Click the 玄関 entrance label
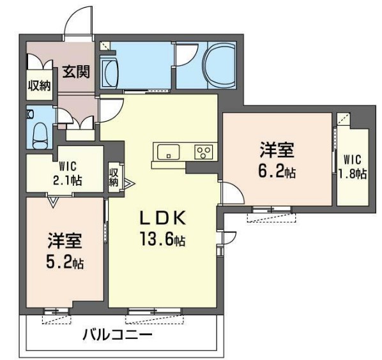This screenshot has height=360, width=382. (x=76, y=71)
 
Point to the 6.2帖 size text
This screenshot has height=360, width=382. (x=277, y=171)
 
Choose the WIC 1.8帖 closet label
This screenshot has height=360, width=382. (x=354, y=165)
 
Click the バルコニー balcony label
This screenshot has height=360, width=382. (x=117, y=334)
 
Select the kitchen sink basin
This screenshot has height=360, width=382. (x=169, y=152)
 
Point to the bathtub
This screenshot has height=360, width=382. (x=219, y=67)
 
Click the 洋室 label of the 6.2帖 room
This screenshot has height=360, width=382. (x=277, y=151)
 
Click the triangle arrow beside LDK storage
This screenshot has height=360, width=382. (x=130, y=185)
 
